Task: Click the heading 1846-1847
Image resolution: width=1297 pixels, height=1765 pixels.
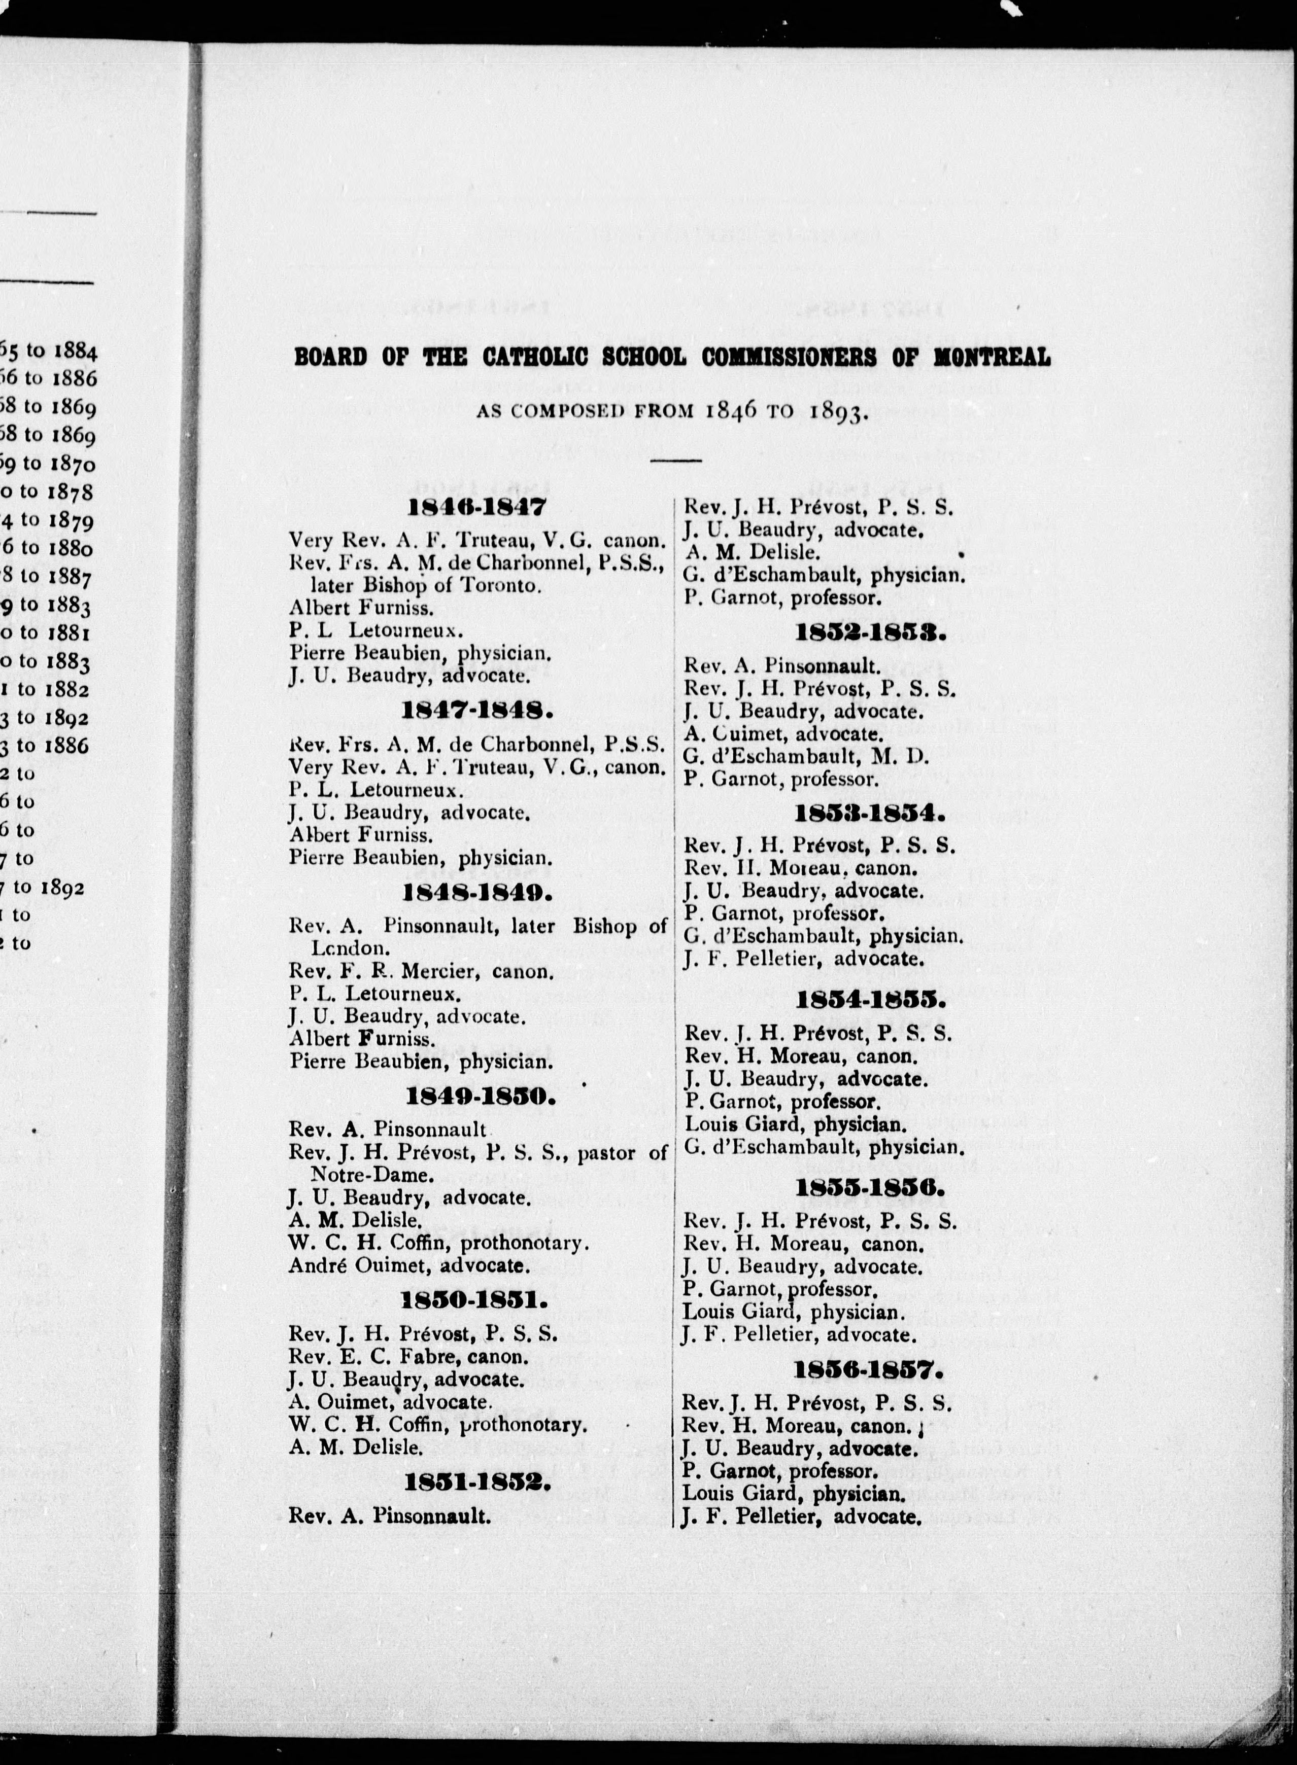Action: point(476,507)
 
